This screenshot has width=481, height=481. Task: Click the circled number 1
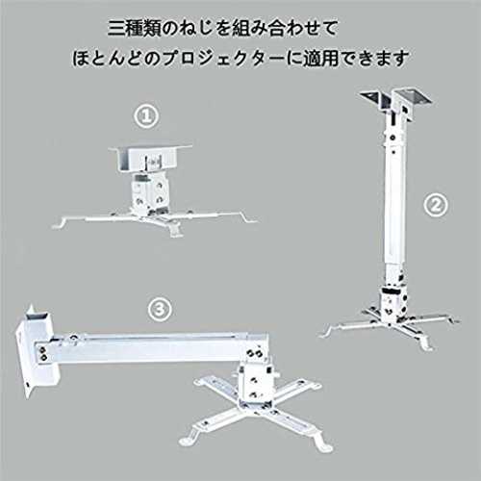(x=146, y=116)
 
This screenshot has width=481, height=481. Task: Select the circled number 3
(x=160, y=309)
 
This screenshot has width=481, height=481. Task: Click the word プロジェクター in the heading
(x=223, y=59)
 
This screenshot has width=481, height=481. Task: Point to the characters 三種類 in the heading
(x=135, y=28)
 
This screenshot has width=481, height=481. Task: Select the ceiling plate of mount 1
(x=150, y=158)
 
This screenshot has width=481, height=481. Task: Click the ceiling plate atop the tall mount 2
(x=396, y=98)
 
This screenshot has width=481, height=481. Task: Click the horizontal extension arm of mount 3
(x=151, y=348)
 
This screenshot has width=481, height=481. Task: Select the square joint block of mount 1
(x=149, y=191)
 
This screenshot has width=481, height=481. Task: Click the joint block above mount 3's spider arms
(x=257, y=383)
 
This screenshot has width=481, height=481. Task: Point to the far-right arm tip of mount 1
(x=252, y=219)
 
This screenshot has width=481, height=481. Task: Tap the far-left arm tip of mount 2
(x=324, y=334)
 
